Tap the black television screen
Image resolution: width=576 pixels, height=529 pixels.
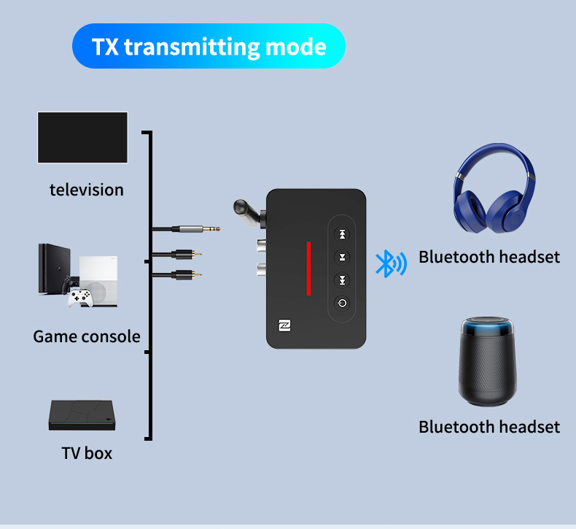pyautogui.click(x=82, y=137)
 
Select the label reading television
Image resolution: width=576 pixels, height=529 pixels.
pyautogui.click(x=87, y=190)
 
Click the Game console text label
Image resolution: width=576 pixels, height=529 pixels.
pyautogui.click(x=87, y=336)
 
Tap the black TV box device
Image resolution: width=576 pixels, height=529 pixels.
pyautogui.click(x=82, y=416)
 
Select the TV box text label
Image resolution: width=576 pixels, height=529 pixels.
pyautogui.click(x=87, y=453)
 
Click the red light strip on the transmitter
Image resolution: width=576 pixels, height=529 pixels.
pyautogui.click(x=308, y=269)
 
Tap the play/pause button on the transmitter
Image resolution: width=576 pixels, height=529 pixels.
pyautogui.click(x=342, y=257)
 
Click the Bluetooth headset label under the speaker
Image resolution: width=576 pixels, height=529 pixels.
pyautogui.click(x=489, y=427)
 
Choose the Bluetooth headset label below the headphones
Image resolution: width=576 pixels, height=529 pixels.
pyautogui.click(x=489, y=257)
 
